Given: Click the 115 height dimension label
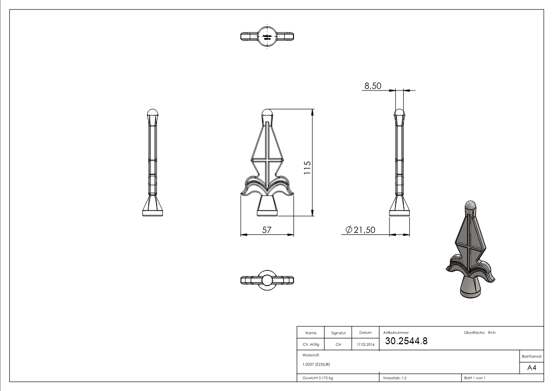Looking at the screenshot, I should (x=307, y=168).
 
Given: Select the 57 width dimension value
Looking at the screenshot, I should (x=266, y=229).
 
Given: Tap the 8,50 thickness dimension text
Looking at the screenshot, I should (x=373, y=86).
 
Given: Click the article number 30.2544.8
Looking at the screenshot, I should (x=406, y=341).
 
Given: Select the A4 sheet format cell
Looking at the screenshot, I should (x=531, y=368).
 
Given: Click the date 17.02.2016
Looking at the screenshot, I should (x=365, y=344).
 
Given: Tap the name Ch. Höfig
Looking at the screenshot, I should (x=311, y=344).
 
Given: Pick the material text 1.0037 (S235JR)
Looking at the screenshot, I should (x=316, y=364).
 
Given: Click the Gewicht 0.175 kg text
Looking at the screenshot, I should (x=318, y=378).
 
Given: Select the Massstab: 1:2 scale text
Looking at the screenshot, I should (x=395, y=378).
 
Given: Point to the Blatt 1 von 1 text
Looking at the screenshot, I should (x=475, y=378).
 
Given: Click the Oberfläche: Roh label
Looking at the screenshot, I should (x=480, y=333).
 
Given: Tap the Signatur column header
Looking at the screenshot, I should (x=338, y=333).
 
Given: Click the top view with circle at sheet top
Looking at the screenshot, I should (x=267, y=36).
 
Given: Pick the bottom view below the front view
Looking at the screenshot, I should (x=267, y=280).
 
